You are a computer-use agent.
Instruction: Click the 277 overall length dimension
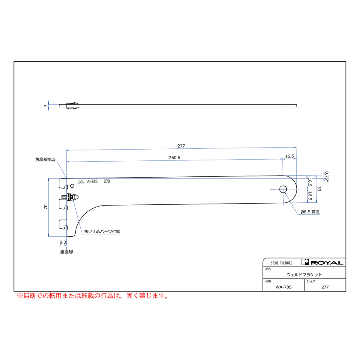181,146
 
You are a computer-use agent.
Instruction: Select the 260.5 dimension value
174,158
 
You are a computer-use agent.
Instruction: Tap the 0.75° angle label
327,176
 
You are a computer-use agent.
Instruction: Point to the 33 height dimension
319,189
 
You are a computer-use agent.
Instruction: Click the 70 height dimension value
46,207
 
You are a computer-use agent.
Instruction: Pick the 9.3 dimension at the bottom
63,242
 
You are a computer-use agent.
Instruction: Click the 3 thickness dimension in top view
46,106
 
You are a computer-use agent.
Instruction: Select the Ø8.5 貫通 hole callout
310,212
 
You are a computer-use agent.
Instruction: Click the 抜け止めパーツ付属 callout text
102,232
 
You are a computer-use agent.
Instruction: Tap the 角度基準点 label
45,159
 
